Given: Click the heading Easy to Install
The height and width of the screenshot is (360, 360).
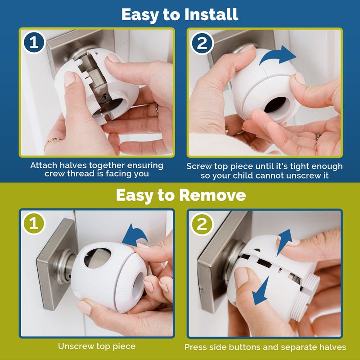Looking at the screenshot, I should pyautogui.click(x=180, y=14).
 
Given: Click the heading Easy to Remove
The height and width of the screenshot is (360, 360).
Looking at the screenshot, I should pyautogui.click(x=180, y=195).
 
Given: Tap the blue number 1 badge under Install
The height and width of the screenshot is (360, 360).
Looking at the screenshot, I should pyautogui.click(x=34, y=43).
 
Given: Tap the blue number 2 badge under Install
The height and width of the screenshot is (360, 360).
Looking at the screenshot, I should pyautogui.click(x=202, y=43).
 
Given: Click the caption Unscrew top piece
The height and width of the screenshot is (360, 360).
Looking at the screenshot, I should pyautogui.click(x=96, y=346).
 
